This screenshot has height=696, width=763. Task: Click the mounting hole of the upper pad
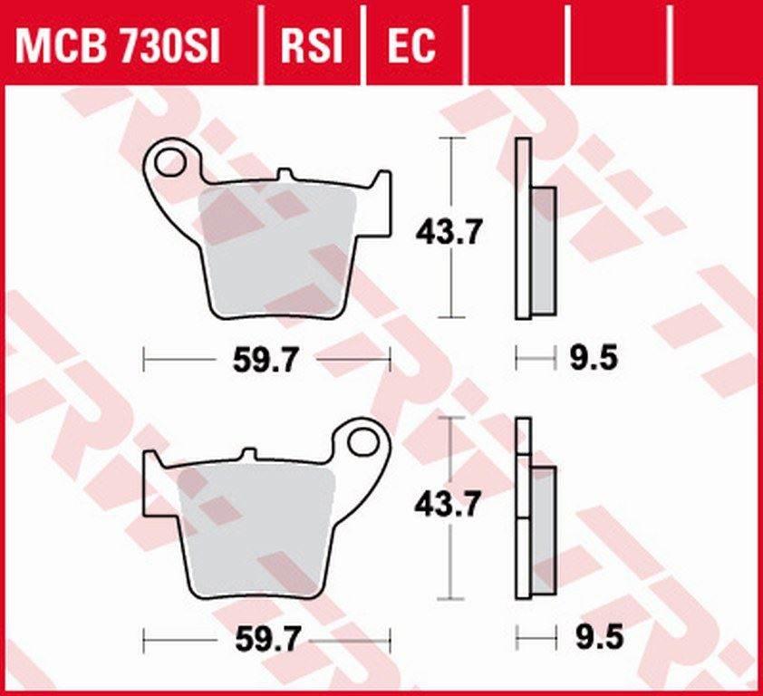pyautogui.click(x=169, y=162)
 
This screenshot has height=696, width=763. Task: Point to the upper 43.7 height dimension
pyautogui.click(x=449, y=232)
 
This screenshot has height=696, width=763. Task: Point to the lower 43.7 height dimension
pyautogui.click(x=449, y=504)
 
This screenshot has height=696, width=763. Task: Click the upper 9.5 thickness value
pyautogui.click(x=594, y=359)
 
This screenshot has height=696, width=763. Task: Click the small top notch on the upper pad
pyautogui.click(x=285, y=174)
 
